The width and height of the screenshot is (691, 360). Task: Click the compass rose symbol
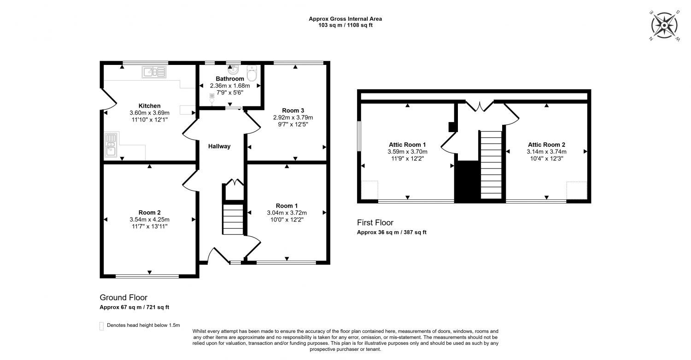[664, 25]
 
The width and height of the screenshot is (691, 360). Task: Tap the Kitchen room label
[149, 106]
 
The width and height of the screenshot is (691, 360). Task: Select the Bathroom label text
[230, 79]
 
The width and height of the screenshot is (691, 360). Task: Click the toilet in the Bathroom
[252, 73]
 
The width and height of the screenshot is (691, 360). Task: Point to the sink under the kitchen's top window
[154, 72]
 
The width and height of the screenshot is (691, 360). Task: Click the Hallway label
[219, 146]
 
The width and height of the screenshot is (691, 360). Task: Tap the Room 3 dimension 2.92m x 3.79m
[293, 117]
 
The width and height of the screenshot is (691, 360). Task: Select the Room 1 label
[287, 206]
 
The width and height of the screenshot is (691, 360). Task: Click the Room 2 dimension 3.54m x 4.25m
[150, 220]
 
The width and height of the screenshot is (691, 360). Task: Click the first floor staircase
[491, 165]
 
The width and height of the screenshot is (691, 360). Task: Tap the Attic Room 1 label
[407, 145]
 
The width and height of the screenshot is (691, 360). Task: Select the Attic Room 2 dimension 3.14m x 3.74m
[547, 151]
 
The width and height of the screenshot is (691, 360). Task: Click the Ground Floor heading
[123, 297]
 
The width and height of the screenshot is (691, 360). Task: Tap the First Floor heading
[375, 222]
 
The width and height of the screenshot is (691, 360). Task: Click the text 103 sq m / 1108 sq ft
[345, 25]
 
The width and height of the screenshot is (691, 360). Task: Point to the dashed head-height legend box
[101, 326]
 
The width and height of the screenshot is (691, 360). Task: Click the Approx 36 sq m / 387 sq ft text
[392, 232]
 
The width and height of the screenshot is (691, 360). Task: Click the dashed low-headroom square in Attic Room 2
[577, 191]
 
